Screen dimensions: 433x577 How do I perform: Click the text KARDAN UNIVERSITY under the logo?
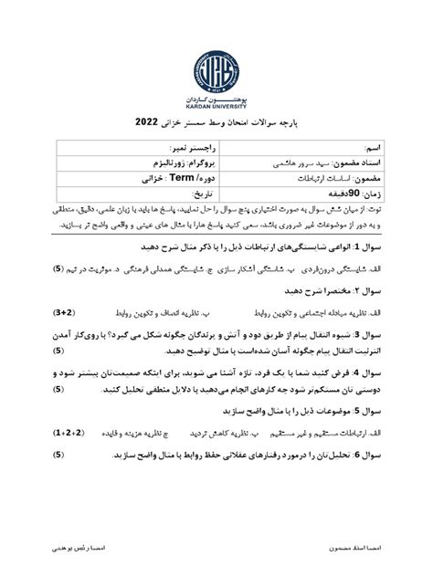216,106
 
